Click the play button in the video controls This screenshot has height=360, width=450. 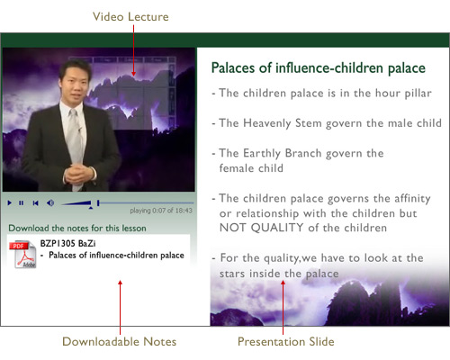click(x=10, y=203)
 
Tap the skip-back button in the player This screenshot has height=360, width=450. click(x=36, y=203)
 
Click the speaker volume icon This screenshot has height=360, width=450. click(x=50, y=203)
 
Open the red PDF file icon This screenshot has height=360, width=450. click(x=22, y=254)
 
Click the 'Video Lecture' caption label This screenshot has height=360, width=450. click(x=130, y=17)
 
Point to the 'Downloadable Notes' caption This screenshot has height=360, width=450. click(x=120, y=342)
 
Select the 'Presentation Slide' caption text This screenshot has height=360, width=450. click(x=286, y=342)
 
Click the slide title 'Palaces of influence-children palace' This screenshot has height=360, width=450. click(x=319, y=68)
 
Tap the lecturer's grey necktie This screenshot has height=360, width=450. click(x=74, y=141)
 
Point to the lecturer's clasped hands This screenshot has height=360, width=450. click(x=78, y=175)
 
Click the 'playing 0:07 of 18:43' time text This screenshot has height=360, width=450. click(x=161, y=211)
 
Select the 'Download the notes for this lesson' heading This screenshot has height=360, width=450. click(x=77, y=229)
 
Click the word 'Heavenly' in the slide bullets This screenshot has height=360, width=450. click(x=267, y=123)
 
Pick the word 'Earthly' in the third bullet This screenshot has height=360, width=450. click(x=262, y=154)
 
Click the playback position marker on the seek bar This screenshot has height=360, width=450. click(x=98, y=203)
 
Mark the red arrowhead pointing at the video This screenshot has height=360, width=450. click(x=133, y=73)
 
